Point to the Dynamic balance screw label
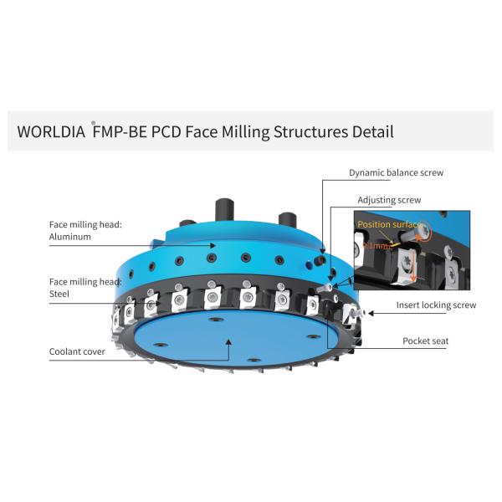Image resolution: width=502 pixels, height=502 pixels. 396,172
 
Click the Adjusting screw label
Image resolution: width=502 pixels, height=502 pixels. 389,200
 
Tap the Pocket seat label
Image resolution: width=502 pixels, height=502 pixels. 425,341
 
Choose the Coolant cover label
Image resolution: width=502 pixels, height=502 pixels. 77,352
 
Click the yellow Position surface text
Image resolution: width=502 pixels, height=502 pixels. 388,225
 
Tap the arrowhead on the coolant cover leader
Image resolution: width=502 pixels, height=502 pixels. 229,339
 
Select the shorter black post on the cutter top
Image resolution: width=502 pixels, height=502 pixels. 286,220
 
